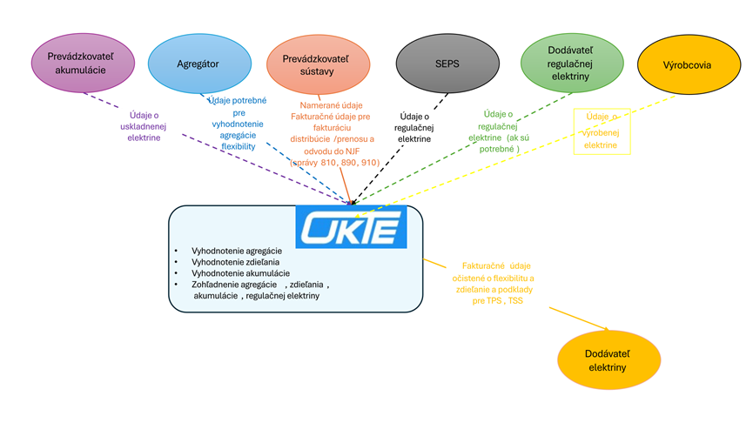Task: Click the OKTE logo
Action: click(x=351, y=226)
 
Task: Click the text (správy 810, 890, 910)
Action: click(x=334, y=162)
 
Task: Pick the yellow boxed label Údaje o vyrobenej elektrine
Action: click(x=602, y=131)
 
